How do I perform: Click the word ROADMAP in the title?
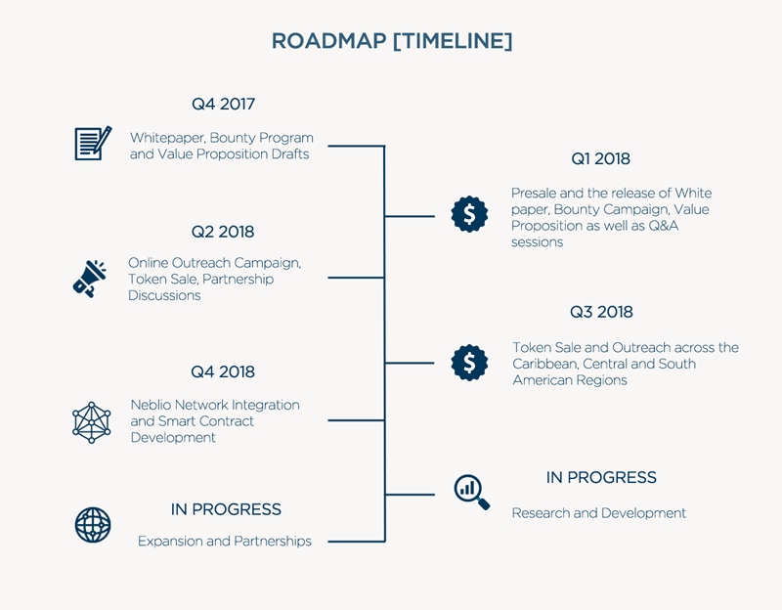click(x=328, y=41)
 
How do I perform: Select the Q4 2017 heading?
click(x=223, y=104)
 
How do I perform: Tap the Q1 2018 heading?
click(x=600, y=158)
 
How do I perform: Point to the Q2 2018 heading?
click(x=223, y=232)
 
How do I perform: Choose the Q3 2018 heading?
click(x=601, y=312)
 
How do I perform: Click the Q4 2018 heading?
click(x=223, y=371)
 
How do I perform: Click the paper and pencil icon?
click(x=93, y=143)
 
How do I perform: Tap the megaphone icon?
click(x=89, y=279)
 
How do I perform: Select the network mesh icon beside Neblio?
click(x=91, y=422)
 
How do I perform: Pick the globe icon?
click(x=93, y=525)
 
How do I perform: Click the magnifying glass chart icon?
click(x=472, y=492)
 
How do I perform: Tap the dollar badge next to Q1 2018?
click(x=469, y=214)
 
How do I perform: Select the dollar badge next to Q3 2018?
click(x=469, y=363)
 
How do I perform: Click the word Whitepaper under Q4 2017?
click(x=167, y=138)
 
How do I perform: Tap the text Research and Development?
click(x=599, y=513)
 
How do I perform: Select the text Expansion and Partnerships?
click(x=225, y=542)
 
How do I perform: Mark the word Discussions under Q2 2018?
click(x=164, y=295)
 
